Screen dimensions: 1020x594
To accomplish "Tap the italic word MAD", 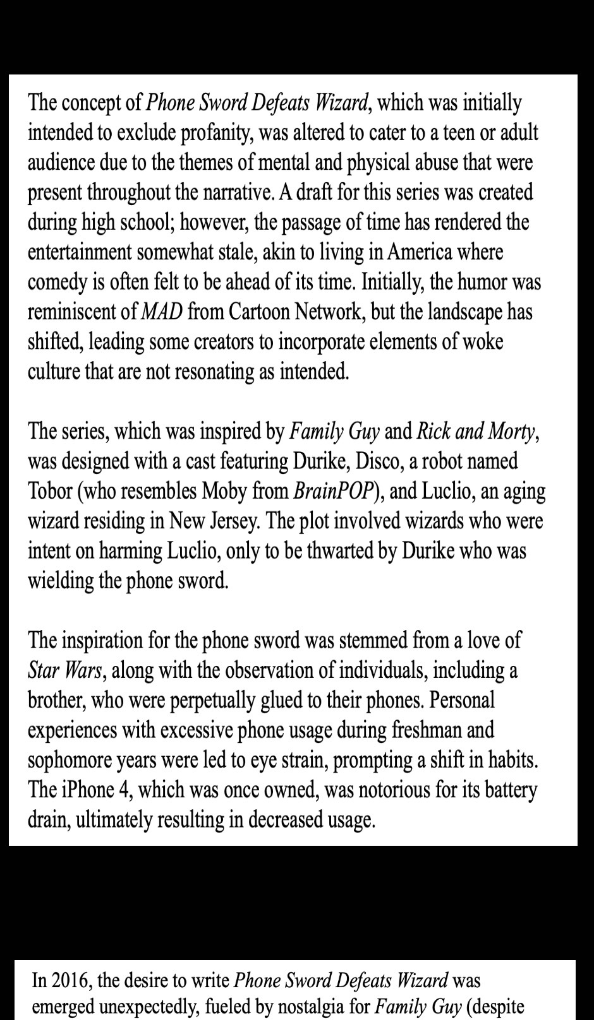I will pos(161,311).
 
